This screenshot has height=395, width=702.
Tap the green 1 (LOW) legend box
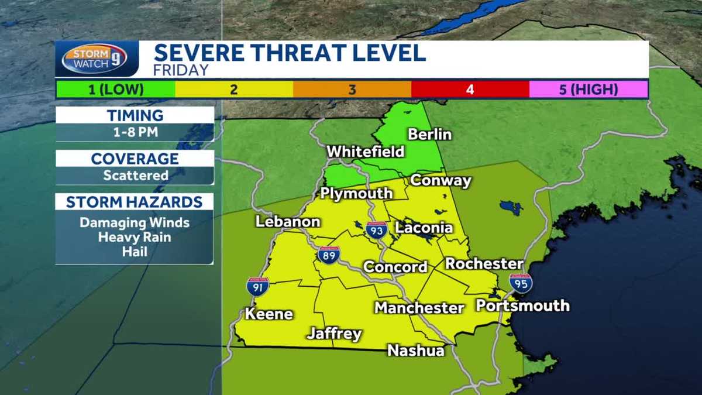(x=116, y=90)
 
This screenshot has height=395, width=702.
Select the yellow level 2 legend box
(x=234, y=90)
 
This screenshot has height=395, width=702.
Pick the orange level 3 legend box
(x=352, y=90)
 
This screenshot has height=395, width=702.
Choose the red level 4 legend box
(x=470, y=90)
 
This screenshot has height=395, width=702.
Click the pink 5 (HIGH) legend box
(x=589, y=90)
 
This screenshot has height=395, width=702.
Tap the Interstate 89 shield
(x=329, y=255)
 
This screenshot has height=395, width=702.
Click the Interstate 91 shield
(x=257, y=286)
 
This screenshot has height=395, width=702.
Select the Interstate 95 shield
(x=520, y=283)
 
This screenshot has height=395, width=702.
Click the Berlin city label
(x=430, y=134)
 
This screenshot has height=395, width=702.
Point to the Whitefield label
(x=366, y=152)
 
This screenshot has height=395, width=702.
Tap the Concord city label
(x=395, y=267)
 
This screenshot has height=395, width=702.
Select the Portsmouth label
(x=522, y=305)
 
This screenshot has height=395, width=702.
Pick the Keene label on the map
(x=269, y=314)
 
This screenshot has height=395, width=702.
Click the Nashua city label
(x=416, y=351)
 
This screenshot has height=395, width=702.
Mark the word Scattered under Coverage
(x=136, y=175)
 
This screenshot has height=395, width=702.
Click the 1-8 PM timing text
(x=135, y=132)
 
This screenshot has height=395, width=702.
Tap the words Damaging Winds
(x=135, y=222)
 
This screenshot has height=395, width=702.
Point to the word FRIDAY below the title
(x=181, y=70)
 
